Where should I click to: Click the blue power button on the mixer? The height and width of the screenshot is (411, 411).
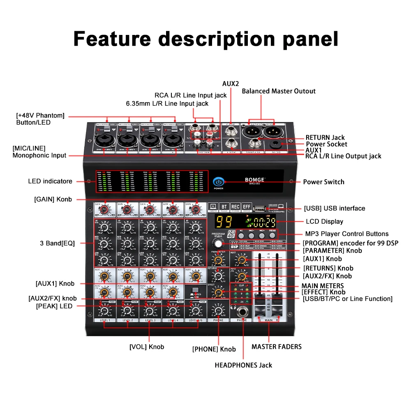coord(218,182)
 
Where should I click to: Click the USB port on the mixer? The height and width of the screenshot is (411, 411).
coord(258,208)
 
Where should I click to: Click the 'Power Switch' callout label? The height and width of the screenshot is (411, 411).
coord(324,182)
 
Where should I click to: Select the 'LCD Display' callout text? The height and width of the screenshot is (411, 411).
coord(324,222)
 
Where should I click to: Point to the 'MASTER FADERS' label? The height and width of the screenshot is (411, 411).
coord(277,346)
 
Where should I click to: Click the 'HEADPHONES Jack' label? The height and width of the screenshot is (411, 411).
coord(243,365)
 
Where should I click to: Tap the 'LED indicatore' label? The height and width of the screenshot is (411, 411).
coord(50,181)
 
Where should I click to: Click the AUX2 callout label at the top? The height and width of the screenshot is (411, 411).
coord(231,83)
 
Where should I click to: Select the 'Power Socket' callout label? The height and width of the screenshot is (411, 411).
coord(326,144)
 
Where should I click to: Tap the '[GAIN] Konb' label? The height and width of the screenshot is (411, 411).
coord(53,199)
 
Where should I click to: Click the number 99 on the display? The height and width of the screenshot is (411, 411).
coord(224,223)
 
